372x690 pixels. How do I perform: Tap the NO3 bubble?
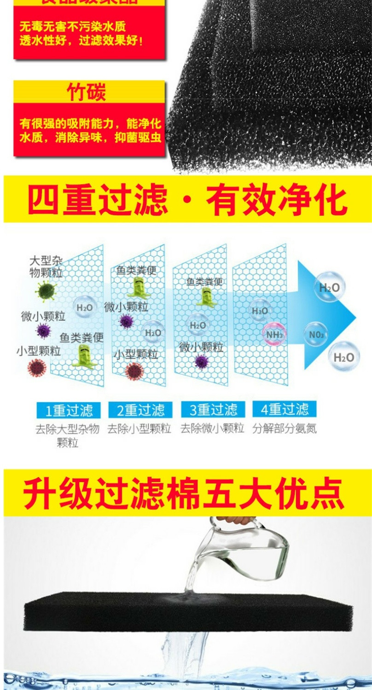pos(316,334)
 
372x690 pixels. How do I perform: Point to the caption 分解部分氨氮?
pos(285,429)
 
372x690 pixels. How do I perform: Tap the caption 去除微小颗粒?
pos(212,429)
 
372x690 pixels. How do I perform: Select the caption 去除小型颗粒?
pos(139,429)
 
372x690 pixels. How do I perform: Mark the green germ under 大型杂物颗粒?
pos(46,291)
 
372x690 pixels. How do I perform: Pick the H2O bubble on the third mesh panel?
pos(198,325)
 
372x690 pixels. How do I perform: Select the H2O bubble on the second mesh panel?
pos(153,332)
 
